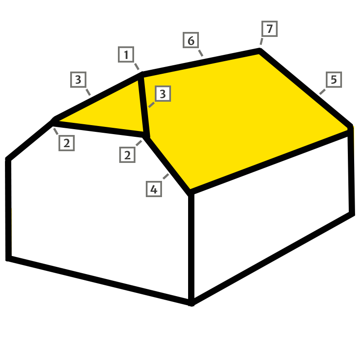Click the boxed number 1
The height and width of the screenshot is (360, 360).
(x=126, y=54)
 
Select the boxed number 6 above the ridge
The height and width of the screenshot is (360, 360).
(x=191, y=40)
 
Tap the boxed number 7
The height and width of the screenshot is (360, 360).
(x=270, y=29)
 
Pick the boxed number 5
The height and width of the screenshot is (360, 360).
(x=334, y=80)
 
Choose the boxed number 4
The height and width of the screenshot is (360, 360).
(x=154, y=189)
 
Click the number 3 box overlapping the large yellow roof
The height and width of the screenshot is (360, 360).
(x=163, y=94)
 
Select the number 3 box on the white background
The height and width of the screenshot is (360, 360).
(x=78, y=80)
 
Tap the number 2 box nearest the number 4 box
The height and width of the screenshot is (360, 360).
(x=127, y=155)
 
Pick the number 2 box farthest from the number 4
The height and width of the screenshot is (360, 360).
(x=67, y=143)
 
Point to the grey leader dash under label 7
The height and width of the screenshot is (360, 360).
(x=261, y=41)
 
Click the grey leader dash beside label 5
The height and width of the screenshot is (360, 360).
(x=322, y=92)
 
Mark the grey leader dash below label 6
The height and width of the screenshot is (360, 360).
(x=201, y=53)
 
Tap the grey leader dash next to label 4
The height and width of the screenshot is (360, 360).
(x=166, y=176)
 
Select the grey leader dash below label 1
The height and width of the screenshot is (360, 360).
(x=137, y=66)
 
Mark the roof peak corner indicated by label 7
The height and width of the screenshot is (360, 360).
(x=260, y=49)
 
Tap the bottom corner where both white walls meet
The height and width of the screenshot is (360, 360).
(x=191, y=303)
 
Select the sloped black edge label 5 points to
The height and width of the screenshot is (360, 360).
(x=306, y=88)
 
